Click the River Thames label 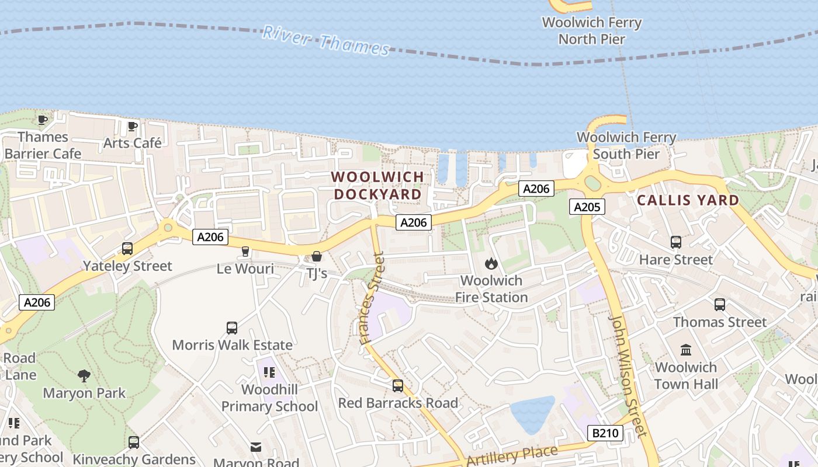(326, 40)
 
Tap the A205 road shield (587, 207)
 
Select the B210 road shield (605, 433)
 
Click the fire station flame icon (491, 263)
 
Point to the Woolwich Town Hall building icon (686, 350)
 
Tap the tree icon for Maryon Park (84, 375)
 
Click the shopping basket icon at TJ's (317, 256)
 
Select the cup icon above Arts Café (133, 126)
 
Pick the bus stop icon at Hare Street (676, 242)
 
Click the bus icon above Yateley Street (127, 249)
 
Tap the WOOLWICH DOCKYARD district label (377, 185)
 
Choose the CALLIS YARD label (688, 200)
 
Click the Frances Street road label (372, 298)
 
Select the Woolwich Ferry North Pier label (592, 31)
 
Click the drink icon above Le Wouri (245, 252)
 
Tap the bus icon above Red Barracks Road (398, 386)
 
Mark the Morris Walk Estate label (232, 345)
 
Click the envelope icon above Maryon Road (256, 447)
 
